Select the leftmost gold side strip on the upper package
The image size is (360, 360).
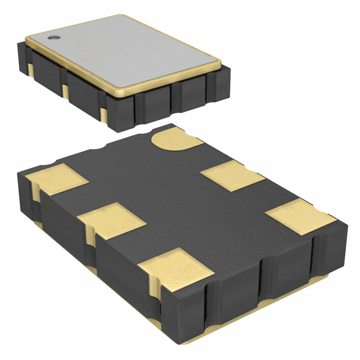pyautogui.click(x=30, y=67)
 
